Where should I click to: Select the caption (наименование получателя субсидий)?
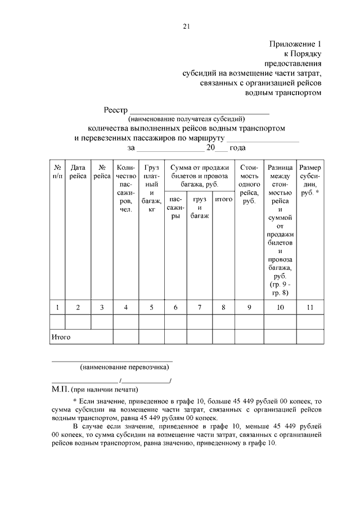(x=187, y=119)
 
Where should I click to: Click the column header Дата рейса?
(x=78, y=172)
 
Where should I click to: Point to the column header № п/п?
(x=57, y=172)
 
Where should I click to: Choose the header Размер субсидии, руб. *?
(x=310, y=180)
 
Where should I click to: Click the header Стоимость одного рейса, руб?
(x=249, y=184)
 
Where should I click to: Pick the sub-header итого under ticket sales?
(x=224, y=199)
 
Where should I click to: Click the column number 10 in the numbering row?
(x=280, y=307)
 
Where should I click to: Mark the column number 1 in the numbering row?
(x=57, y=307)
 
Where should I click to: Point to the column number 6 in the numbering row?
(x=176, y=307)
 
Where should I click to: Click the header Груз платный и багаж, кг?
(x=152, y=188)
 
